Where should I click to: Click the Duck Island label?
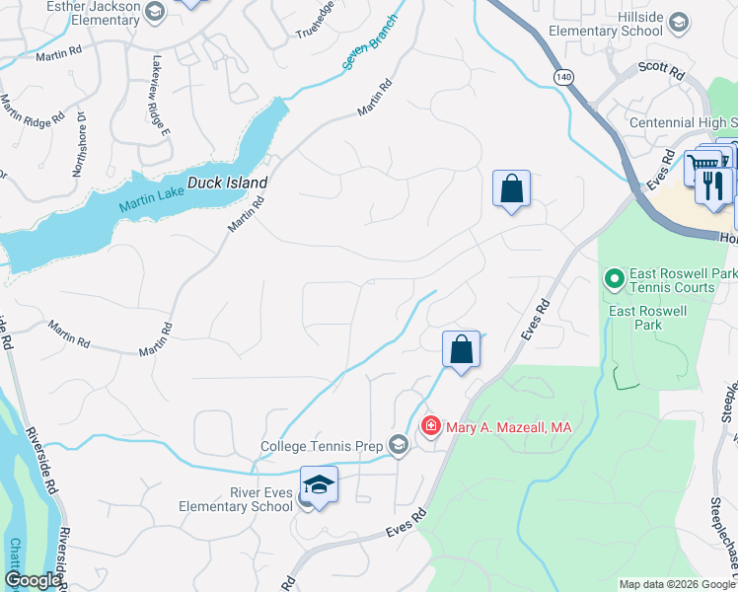coord(228,184)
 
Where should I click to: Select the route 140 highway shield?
coord(562,76)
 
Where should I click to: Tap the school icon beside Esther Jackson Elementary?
coord(154,12)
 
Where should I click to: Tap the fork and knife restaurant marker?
coord(713,184)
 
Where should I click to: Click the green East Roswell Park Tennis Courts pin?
coord(614,280)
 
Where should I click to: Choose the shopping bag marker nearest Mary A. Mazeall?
coord(461,349)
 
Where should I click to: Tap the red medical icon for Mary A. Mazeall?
coord(430,426)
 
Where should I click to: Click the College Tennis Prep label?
coord(321,447)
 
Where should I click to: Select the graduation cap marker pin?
coord(319,485)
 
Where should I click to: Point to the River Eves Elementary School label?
coord(237,499)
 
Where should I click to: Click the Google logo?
coord(32,580)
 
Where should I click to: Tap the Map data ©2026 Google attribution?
coord(677,584)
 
